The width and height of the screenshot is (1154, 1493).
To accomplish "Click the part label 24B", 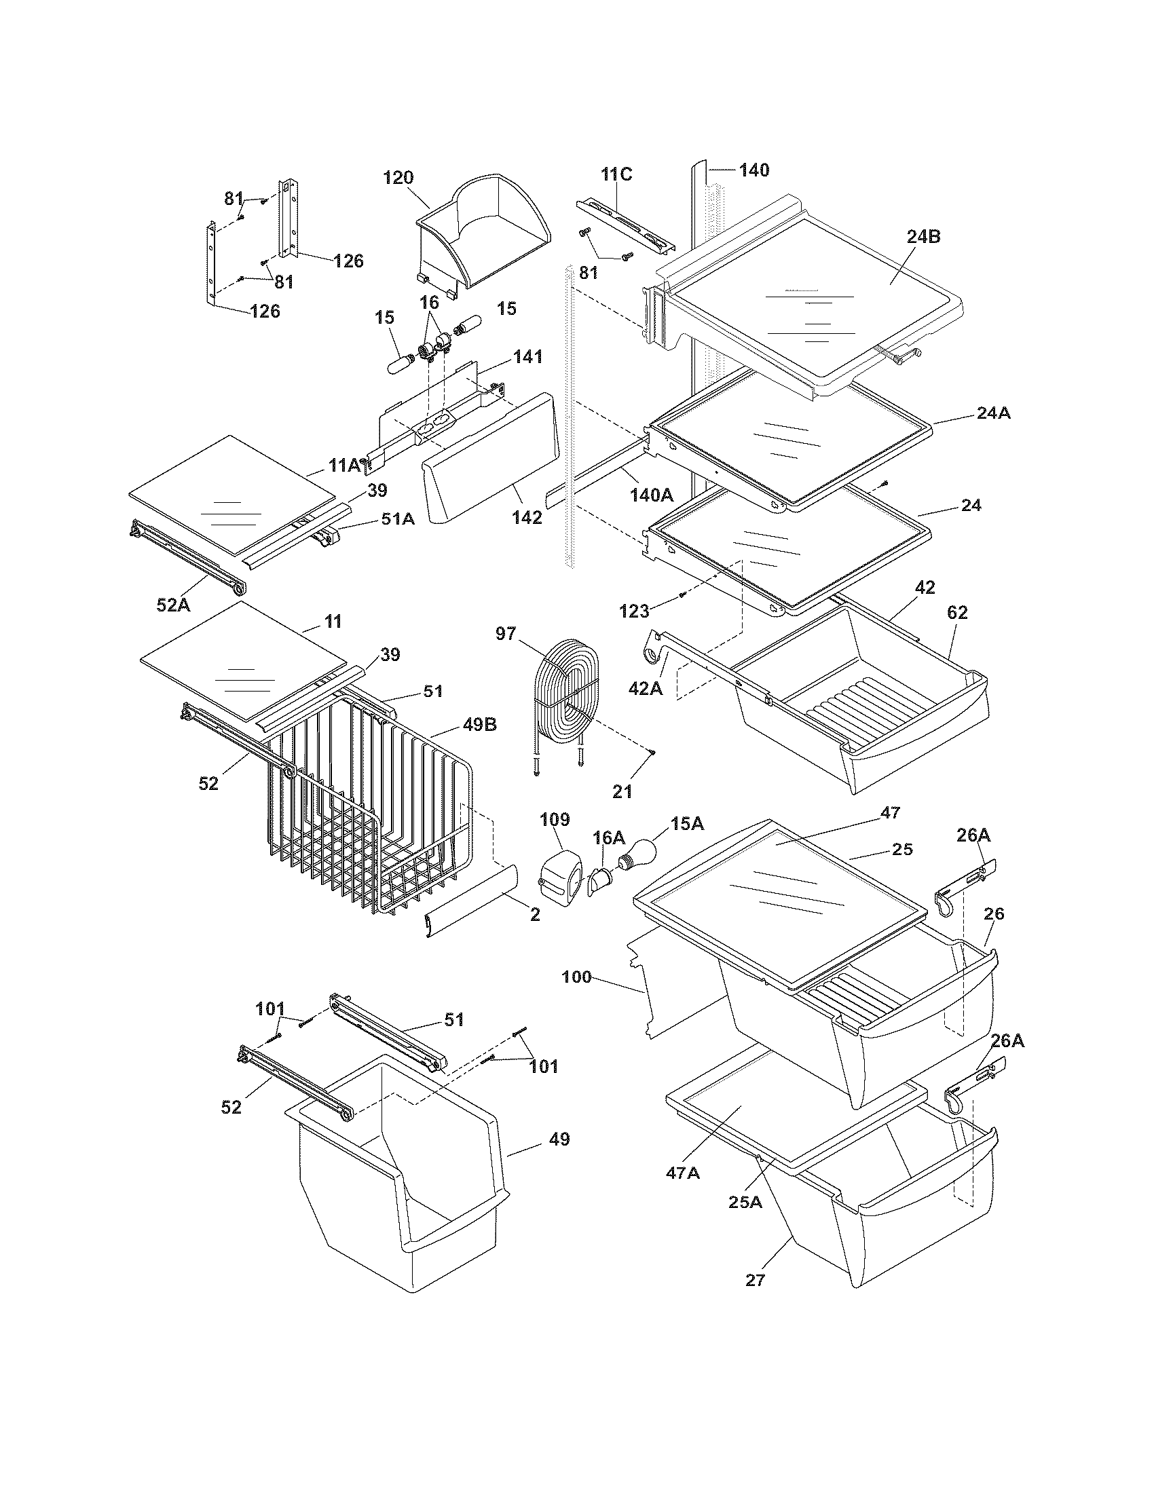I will coord(924,238).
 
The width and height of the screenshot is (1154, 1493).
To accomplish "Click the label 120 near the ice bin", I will coord(398,178).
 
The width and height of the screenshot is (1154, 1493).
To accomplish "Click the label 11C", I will coord(616,174).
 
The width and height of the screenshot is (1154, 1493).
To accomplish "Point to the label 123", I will coord(635,611).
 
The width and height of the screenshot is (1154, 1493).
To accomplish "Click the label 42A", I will coord(646,688).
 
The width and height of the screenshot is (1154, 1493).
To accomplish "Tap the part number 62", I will coord(957,613).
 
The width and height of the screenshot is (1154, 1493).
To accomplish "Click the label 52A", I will coord(174,604).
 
